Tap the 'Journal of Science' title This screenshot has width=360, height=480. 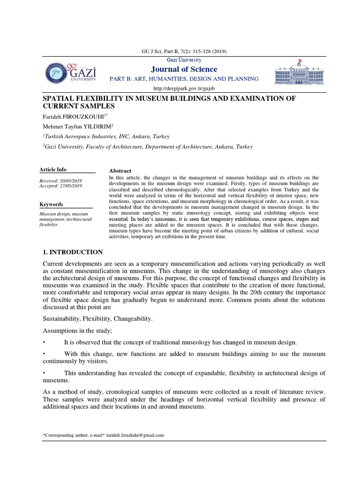(x=184, y=69)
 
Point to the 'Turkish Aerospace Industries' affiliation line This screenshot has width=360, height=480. (x=106, y=136)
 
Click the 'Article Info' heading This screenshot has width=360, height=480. (x=52, y=170)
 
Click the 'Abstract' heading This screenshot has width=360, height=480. (x=120, y=171)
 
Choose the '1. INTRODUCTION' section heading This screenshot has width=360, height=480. (x=73, y=252)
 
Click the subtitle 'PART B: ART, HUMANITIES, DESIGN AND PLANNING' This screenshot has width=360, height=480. (x=184, y=79)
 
